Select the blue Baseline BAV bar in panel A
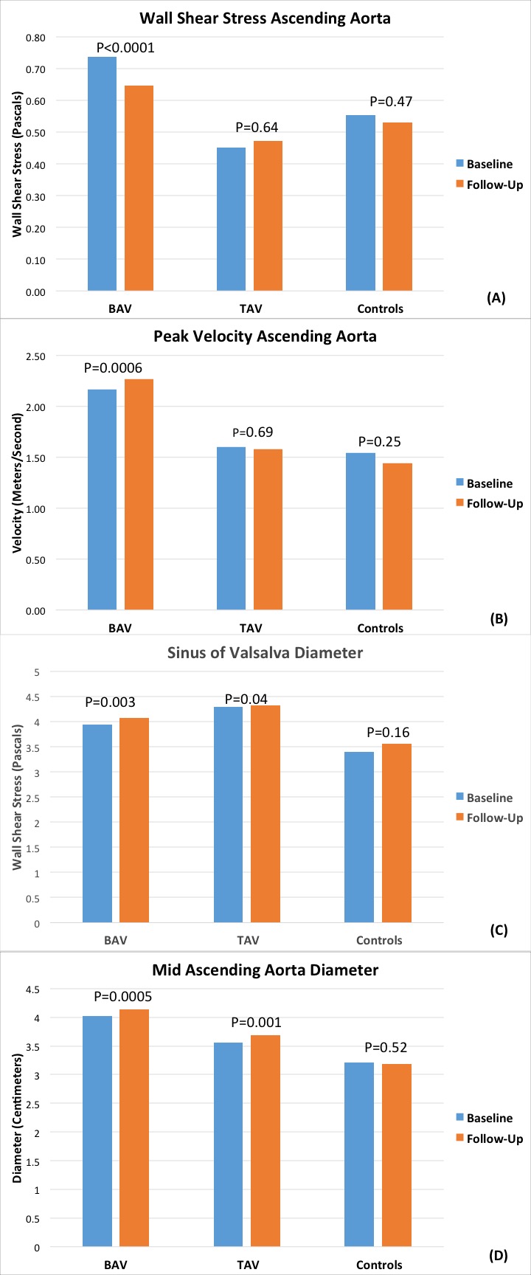(102, 173)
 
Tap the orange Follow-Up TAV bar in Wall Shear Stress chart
(268, 215)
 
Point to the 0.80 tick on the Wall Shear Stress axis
(34, 38)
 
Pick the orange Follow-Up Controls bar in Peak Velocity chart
(398, 536)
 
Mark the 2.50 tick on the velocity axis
(34, 356)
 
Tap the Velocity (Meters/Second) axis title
(18, 483)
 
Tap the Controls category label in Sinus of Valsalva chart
(379, 940)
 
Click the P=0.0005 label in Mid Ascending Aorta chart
(123, 997)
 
